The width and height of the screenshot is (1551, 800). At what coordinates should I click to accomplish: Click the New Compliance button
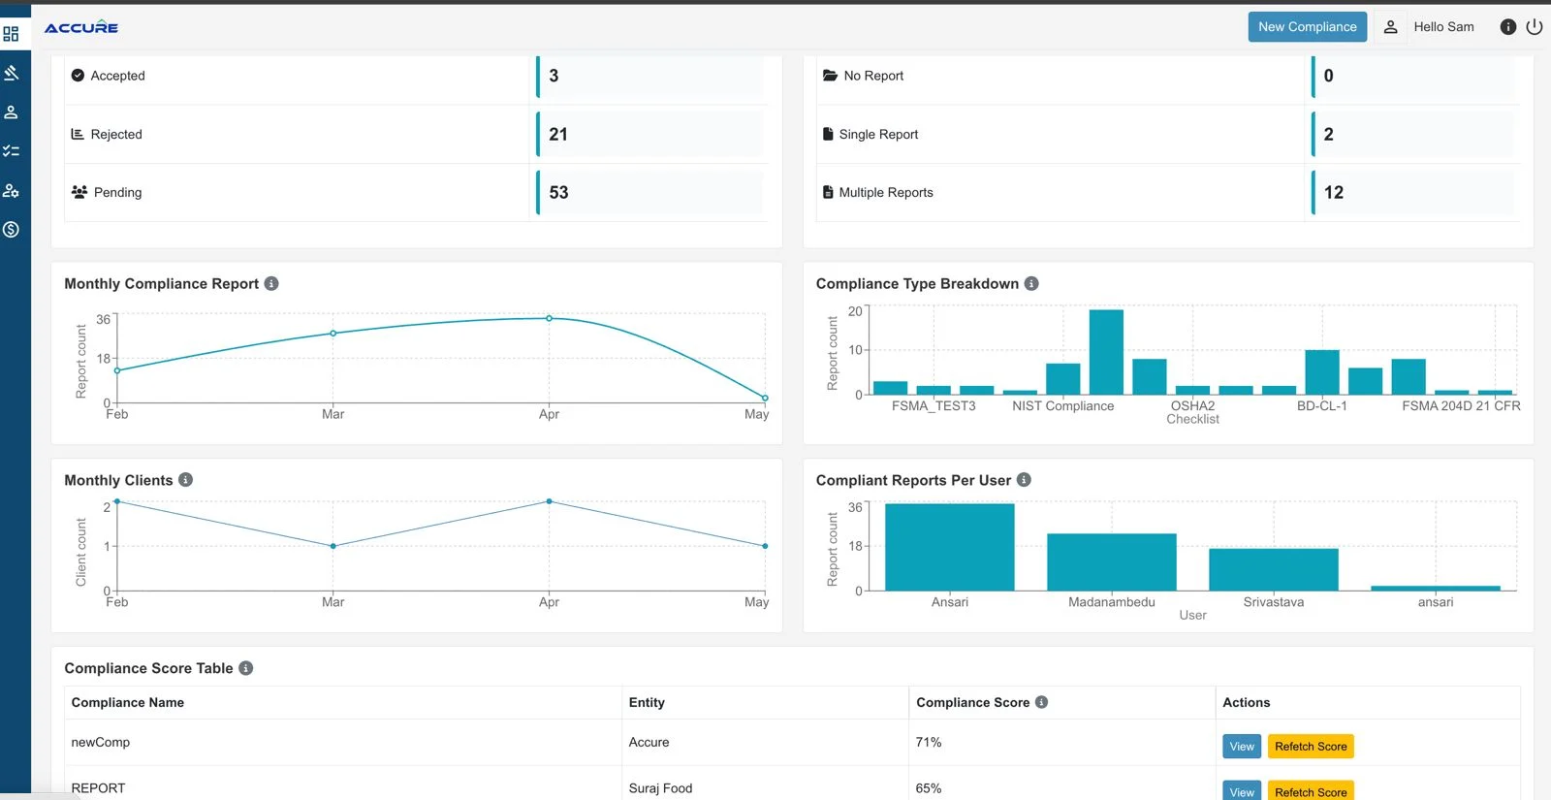point(1307,27)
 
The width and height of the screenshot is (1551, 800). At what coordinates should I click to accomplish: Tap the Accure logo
point(81,28)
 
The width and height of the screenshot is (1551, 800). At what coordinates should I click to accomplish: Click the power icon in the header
point(1535,27)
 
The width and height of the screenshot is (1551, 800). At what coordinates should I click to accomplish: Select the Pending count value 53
point(558,192)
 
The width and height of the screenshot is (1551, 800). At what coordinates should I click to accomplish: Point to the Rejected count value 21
point(558,134)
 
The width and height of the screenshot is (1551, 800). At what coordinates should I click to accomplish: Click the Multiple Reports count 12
point(1334,192)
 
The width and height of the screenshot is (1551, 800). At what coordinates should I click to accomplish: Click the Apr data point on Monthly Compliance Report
point(549,318)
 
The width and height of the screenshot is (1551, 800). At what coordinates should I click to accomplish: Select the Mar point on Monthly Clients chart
point(333,546)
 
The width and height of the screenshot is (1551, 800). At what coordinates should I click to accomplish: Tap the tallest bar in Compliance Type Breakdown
point(1106,351)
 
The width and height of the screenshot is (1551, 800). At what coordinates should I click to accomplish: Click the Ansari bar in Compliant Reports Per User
point(949,547)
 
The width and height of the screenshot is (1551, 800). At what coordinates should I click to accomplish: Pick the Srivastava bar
point(1273,569)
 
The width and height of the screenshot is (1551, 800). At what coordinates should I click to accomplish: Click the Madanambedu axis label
point(1111,602)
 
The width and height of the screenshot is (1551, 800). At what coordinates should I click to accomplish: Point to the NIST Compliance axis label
point(1062,406)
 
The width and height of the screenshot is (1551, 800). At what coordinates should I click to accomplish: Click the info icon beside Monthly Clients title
point(186,480)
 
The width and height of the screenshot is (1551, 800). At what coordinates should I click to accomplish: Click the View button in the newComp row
point(1242,746)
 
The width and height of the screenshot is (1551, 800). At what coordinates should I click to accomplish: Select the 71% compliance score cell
point(929,742)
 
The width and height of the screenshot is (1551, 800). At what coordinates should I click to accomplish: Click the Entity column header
point(647,702)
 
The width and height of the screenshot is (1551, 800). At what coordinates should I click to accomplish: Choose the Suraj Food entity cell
point(660,788)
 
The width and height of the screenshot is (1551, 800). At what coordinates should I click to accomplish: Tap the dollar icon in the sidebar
point(11,230)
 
